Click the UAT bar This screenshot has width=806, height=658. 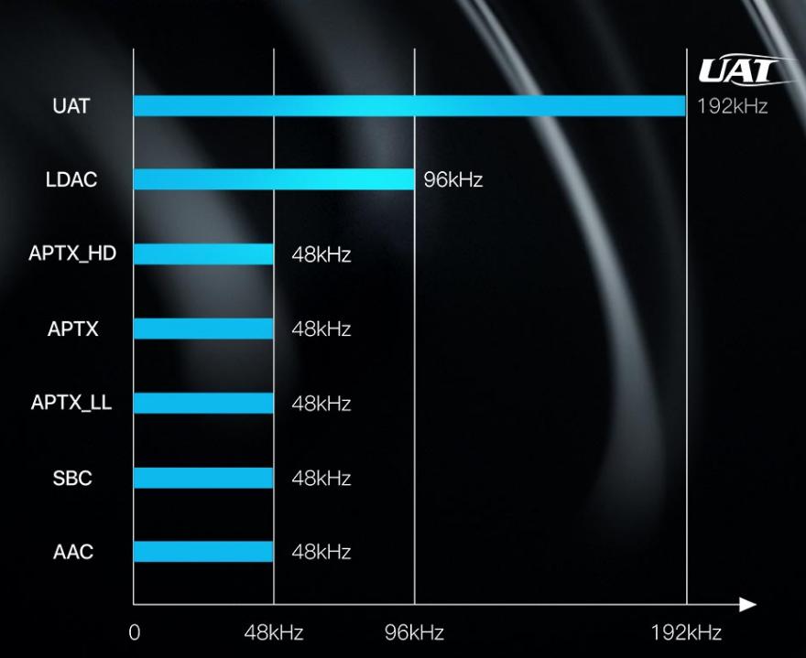[408, 106]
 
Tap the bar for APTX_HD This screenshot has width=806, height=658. [203, 254]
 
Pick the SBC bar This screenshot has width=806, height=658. [203, 478]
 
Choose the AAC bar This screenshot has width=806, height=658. [203, 551]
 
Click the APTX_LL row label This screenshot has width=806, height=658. [71, 403]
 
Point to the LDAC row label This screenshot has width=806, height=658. [71, 179]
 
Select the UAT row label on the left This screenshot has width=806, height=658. [71, 106]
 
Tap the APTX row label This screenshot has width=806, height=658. [71, 329]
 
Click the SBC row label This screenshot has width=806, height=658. [71, 478]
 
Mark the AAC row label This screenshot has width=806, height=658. [73, 552]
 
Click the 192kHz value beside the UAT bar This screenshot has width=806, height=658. [732, 106]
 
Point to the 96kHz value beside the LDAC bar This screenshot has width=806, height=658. [452, 179]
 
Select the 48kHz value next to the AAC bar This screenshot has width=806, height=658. [321, 552]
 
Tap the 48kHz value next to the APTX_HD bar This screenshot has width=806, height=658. [321, 254]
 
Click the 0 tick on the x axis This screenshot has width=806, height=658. [134, 633]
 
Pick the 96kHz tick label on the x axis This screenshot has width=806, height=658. [414, 633]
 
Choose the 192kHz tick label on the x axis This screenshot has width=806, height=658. [686, 633]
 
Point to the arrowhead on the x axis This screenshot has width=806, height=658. [748, 605]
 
